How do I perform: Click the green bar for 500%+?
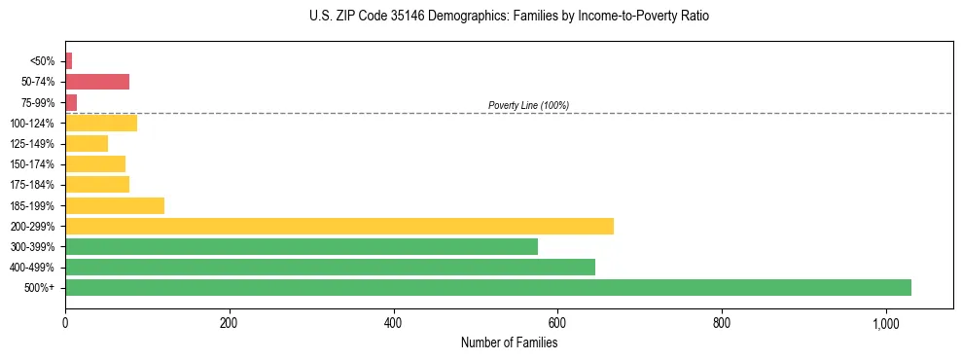pyautogui.click(x=487, y=287)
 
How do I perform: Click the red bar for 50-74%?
pyautogui.click(x=96, y=82)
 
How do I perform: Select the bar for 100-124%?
pyautogui.click(x=100, y=123)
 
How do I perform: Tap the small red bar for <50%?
pyautogui.click(x=68, y=61)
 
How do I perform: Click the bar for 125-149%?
pyautogui.click(x=86, y=143)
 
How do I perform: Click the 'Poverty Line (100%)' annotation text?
pyautogui.click(x=528, y=105)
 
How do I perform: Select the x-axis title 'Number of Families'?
pyautogui.click(x=509, y=342)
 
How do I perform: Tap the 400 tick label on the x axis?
pyautogui.click(x=393, y=323)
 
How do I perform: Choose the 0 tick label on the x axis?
pyautogui.click(x=65, y=323)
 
